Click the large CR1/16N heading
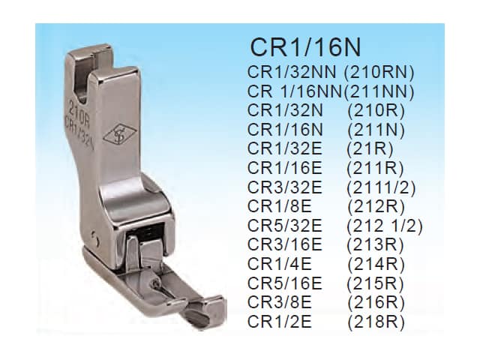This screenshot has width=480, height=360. pos(305,46)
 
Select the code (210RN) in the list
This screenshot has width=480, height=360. pos(379,72)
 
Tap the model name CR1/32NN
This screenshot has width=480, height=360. pos(292,72)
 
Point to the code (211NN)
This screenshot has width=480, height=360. pos(379,91)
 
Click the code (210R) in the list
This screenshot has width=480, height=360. pos(376,110)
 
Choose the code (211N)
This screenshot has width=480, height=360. pos(376,130)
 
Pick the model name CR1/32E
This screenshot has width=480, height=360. pos(285,148)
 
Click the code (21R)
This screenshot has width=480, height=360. pos(370,148)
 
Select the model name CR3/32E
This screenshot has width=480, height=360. pos(285,187)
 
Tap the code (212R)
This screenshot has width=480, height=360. pos(376,206)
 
